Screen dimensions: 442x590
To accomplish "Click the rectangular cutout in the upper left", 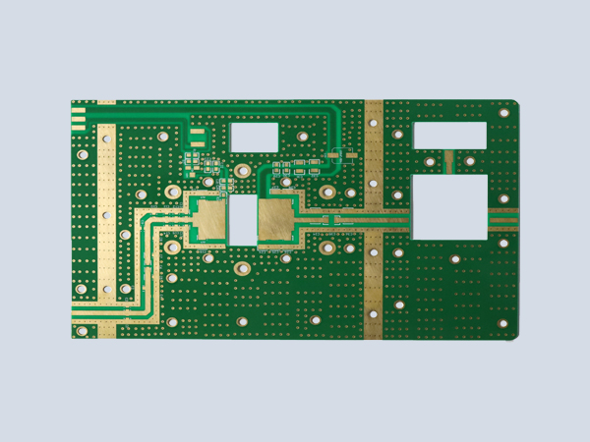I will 254,137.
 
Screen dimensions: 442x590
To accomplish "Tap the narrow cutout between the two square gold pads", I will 242,220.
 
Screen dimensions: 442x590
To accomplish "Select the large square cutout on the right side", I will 449,207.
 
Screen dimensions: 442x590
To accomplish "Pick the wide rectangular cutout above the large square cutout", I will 450,134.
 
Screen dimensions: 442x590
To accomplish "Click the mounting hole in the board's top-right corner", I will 503,113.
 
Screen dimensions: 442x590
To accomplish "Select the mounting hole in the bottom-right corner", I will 502,324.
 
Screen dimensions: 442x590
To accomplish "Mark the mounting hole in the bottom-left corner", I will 82,331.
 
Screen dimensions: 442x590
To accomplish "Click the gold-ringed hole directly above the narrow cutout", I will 242,172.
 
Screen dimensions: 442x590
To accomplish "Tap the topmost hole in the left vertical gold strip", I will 105,139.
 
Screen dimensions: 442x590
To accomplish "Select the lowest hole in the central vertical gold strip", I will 374,314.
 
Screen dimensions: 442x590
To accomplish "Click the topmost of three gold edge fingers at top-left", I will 78,110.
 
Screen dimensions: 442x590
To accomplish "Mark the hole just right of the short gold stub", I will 470,161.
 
